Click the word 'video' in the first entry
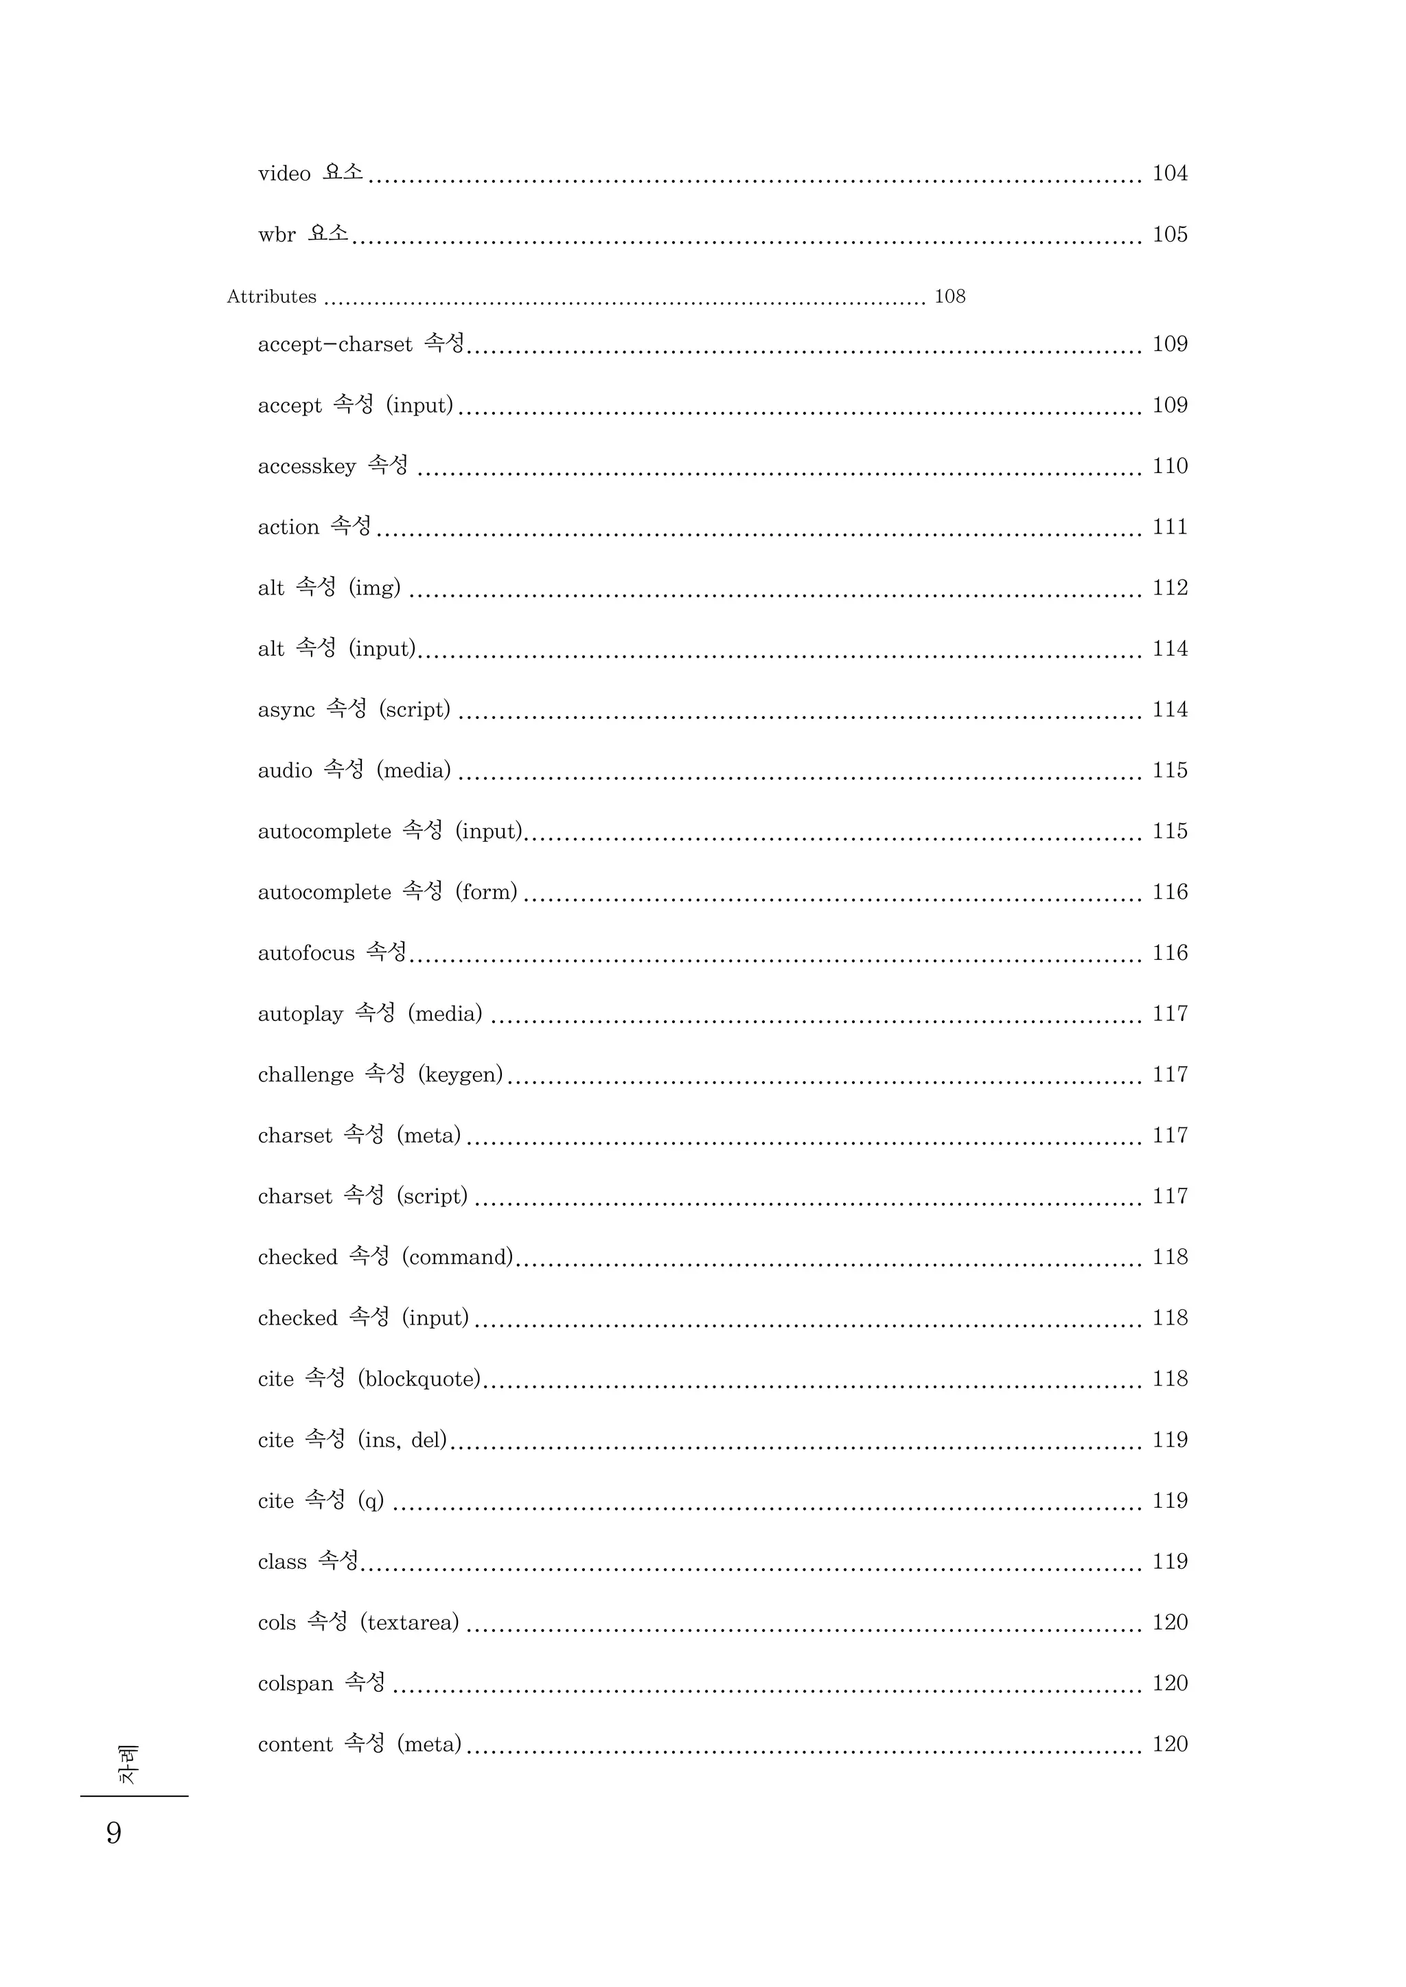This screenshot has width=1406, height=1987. click(284, 174)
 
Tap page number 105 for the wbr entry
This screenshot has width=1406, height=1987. click(1170, 235)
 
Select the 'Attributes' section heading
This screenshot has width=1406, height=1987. click(272, 297)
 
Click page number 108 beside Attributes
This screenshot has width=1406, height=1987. click(949, 297)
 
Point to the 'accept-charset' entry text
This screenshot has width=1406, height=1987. click(335, 345)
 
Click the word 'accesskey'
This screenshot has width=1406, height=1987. click(306, 467)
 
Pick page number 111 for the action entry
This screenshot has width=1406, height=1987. click(1170, 527)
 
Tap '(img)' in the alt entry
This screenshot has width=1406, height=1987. click(375, 588)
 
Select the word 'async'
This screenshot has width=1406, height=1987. click(286, 710)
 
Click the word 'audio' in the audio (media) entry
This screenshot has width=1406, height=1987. click(285, 770)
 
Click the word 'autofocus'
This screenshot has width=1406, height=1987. click(306, 953)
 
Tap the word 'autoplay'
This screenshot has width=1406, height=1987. click(301, 1015)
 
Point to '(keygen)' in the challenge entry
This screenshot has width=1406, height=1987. click(461, 1075)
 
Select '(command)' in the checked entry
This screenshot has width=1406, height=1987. click(458, 1257)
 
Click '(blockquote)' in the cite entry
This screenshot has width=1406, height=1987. click(419, 1379)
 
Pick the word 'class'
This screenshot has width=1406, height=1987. click(282, 1562)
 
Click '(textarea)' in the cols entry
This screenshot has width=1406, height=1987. click(409, 1622)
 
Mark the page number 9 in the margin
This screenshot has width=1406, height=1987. click(113, 1833)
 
